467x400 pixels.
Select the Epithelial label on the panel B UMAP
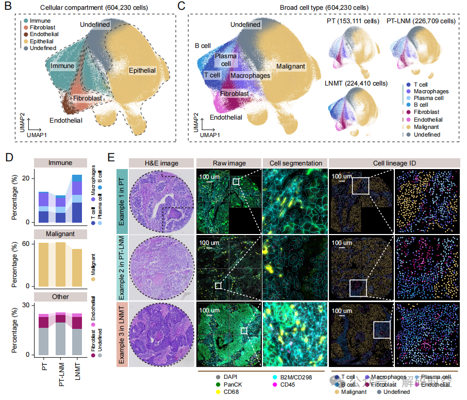pyautogui.click(x=142, y=70)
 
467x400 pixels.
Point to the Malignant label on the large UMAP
pyautogui.click(x=291, y=66)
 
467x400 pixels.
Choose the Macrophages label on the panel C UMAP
pyautogui.click(x=250, y=75)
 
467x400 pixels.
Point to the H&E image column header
pyautogui.click(x=161, y=163)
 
